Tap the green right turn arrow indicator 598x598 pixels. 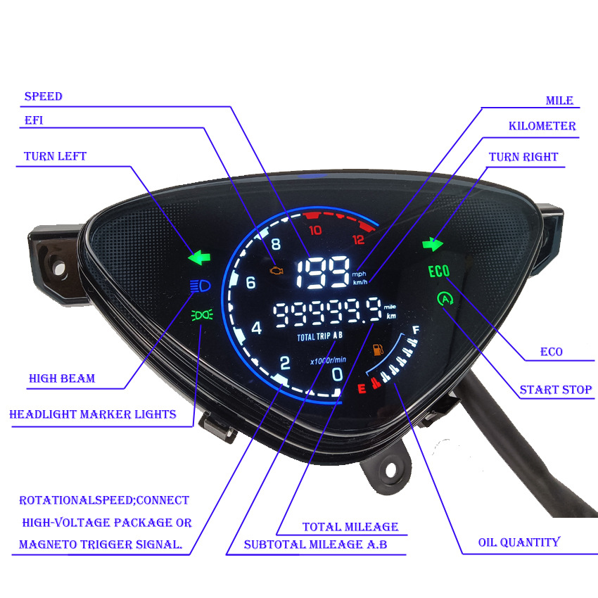tap(433, 244)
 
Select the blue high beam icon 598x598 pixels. tap(199, 286)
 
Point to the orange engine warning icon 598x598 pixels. tap(276, 269)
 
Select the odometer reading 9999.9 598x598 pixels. tap(327, 314)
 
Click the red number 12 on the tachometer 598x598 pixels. tap(359, 238)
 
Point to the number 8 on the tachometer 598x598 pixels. tap(274, 245)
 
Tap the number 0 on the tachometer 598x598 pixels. tap(337, 374)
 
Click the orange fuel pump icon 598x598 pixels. tap(378, 350)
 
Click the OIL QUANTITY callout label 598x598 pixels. tap(519, 542)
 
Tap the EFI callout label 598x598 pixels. tap(34, 120)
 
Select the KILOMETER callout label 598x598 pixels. tap(542, 127)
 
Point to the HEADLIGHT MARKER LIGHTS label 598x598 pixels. tap(92, 414)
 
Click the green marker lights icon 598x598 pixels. tap(200, 314)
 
